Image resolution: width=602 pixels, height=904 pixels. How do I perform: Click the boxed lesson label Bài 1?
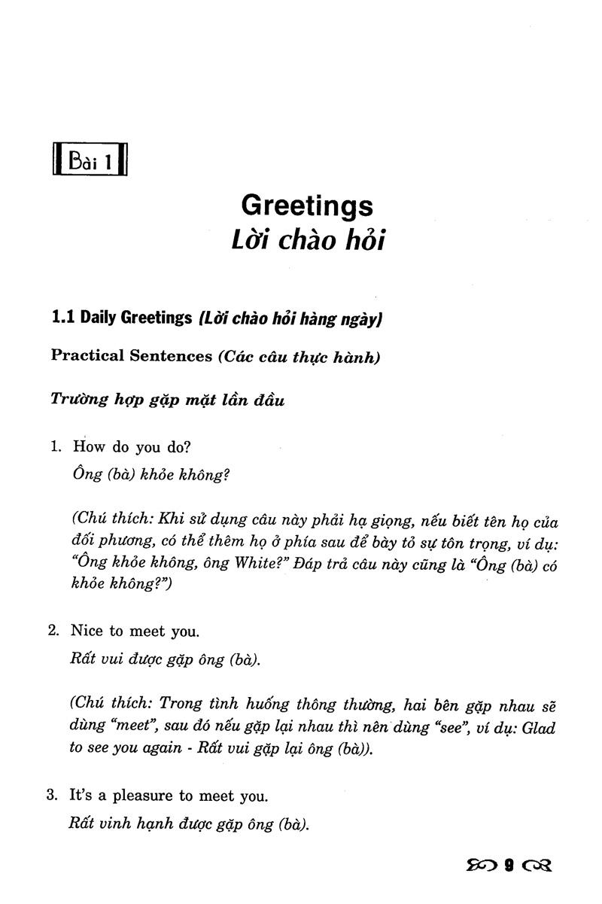point(90,160)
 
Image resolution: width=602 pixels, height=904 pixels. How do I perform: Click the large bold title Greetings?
point(307,205)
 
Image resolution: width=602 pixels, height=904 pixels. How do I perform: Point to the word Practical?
point(87,356)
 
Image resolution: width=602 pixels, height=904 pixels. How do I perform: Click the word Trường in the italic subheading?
point(79,399)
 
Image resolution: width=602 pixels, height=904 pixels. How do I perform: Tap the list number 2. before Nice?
point(55,630)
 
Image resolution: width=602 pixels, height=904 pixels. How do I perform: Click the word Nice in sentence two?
point(87,630)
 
